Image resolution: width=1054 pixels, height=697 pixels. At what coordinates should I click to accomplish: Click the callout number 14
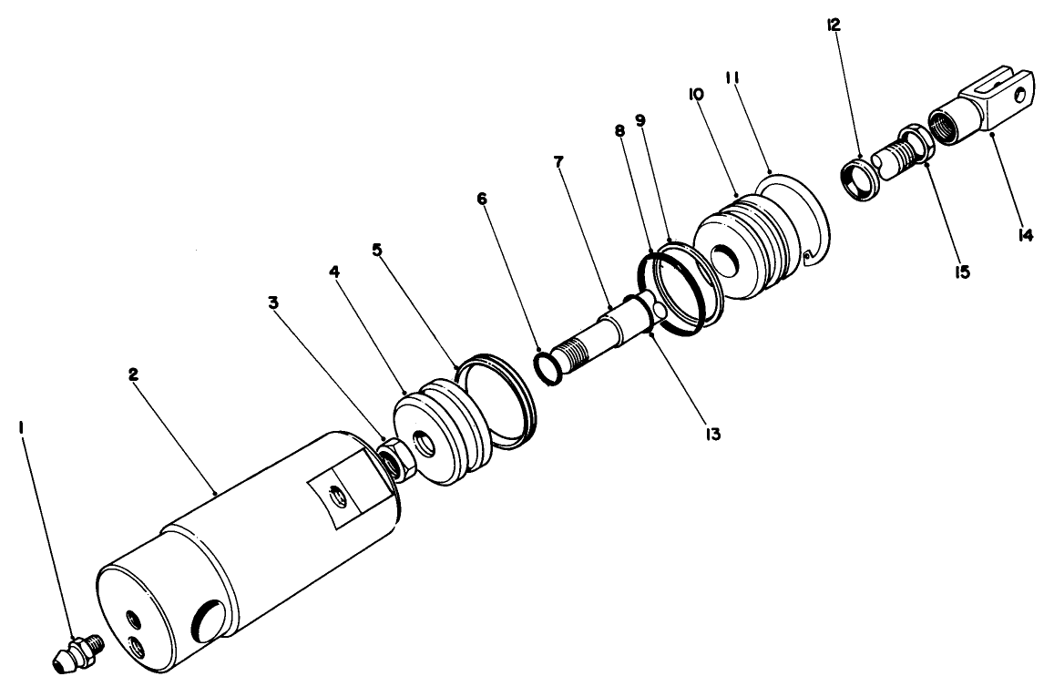tap(1025, 235)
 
